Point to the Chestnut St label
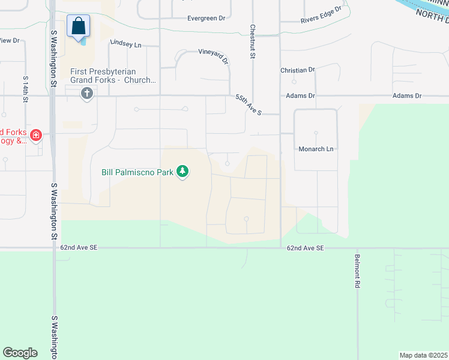(x=253, y=41)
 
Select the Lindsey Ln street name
(x=125, y=44)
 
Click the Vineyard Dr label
(x=214, y=56)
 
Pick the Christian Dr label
(x=298, y=70)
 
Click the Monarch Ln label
(x=316, y=149)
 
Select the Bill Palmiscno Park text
(x=137, y=172)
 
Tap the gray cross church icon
(x=88, y=94)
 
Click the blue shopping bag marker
(x=78, y=26)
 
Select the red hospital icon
(x=37, y=136)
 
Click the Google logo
(x=20, y=353)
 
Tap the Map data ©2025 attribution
(x=423, y=355)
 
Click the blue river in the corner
(x=420, y=5)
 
